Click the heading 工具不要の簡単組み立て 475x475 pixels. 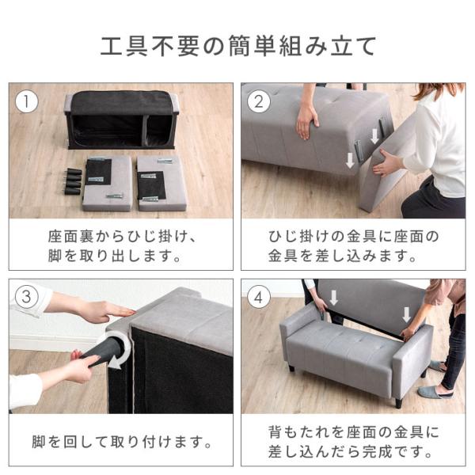[x=237, y=46]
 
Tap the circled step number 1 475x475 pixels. [x=28, y=101]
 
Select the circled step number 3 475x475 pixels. [x=28, y=297]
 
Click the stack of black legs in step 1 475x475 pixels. [x=72, y=181]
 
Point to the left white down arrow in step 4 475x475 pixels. [x=333, y=298]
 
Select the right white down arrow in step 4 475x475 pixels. [x=407, y=313]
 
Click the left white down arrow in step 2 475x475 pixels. [x=349, y=161]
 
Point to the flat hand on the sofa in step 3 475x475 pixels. [x=106, y=310]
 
